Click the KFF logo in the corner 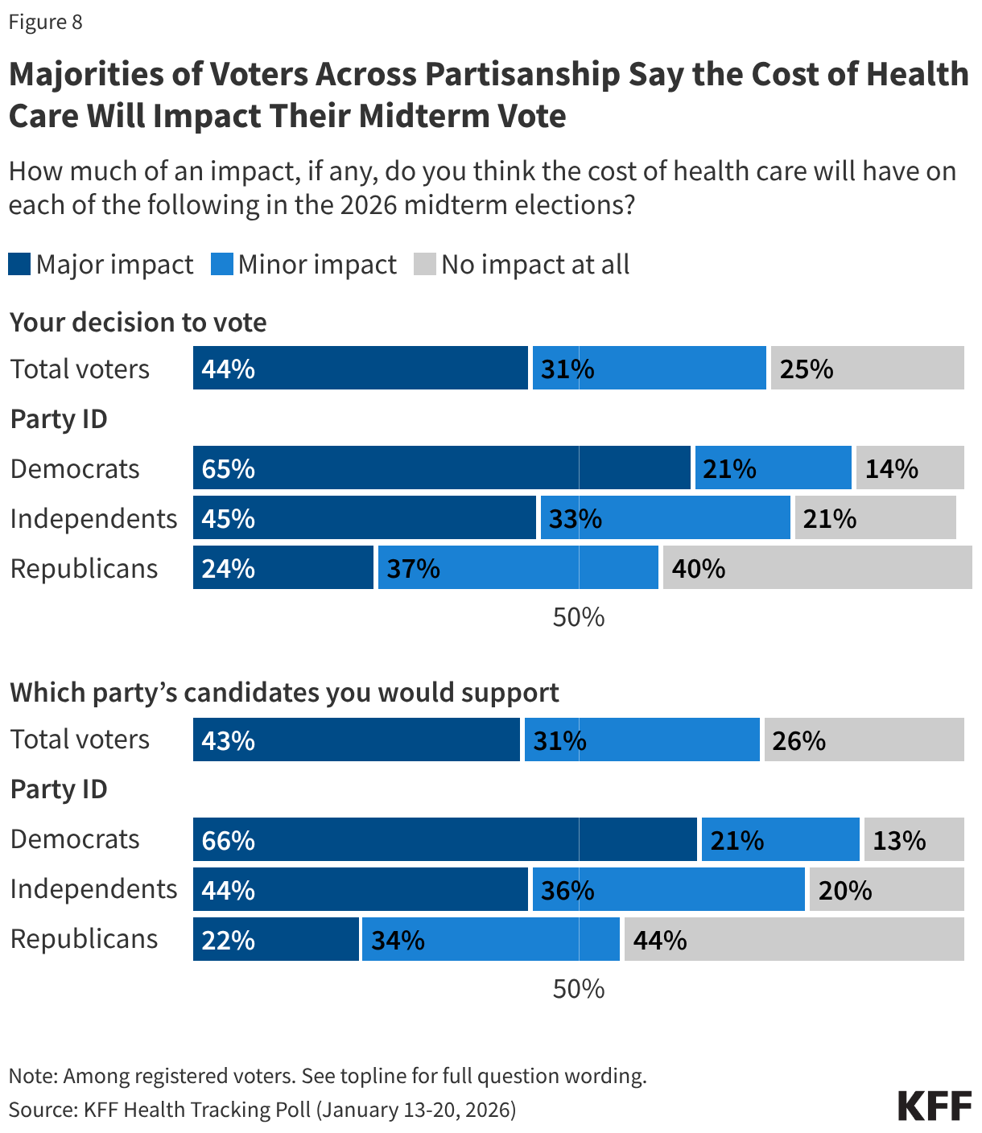click(935, 1106)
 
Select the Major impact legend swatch click(19, 264)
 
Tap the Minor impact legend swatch click(222, 264)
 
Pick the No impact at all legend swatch click(425, 264)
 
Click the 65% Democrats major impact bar click(441, 468)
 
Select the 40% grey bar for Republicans click(817, 567)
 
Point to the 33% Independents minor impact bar click(665, 517)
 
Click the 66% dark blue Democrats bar click(444, 839)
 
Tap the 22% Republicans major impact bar click(275, 939)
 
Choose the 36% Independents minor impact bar click(668, 889)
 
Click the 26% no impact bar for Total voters click(864, 740)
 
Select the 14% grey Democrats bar click(910, 468)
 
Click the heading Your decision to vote click(138, 322)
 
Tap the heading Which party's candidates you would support click(284, 692)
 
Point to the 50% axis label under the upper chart click(578, 617)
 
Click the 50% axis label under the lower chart click(578, 989)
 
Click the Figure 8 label click(45, 22)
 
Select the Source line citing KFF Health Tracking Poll click(262, 1110)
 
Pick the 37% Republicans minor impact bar click(518, 567)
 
